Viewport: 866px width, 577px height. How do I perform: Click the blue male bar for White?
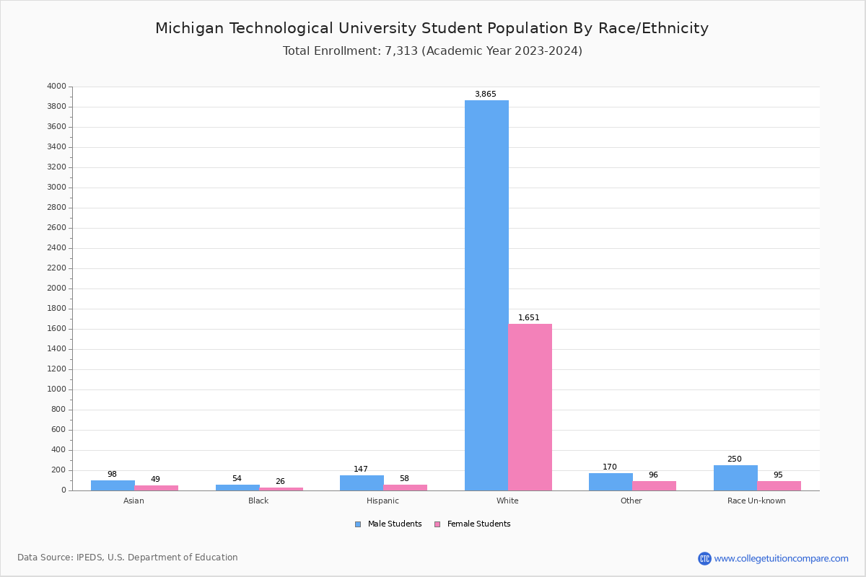pos(486,295)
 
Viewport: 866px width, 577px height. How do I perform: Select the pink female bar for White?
pos(530,407)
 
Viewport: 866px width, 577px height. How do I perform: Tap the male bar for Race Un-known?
pos(735,477)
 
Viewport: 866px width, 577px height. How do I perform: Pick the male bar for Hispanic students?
pos(362,483)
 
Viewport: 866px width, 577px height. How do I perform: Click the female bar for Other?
pos(654,485)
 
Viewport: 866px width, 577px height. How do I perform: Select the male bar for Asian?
pos(113,485)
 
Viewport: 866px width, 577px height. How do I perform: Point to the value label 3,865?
pos(485,94)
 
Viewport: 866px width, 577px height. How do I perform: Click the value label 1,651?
pos(528,318)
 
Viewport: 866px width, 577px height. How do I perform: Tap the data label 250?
pos(734,459)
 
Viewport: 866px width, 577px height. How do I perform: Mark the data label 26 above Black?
pos(280,482)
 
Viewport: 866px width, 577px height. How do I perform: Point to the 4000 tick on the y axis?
pos(56,87)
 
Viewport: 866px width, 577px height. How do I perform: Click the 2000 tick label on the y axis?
pos(56,288)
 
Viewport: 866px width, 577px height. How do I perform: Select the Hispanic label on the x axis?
pos(382,501)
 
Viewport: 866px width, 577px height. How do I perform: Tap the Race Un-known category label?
pos(756,501)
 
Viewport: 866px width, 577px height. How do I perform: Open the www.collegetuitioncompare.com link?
pos(781,558)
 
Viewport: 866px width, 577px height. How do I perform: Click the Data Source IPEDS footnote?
pos(128,558)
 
